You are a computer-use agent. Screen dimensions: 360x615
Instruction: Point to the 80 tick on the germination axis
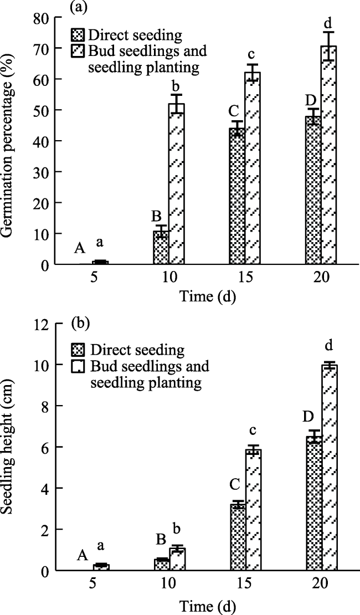(x=41, y=17)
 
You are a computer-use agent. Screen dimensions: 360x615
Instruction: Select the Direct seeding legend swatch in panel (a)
(x=79, y=35)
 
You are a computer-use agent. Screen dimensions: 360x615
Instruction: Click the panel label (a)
(x=81, y=7)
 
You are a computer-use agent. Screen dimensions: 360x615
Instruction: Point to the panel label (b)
(x=81, y=324)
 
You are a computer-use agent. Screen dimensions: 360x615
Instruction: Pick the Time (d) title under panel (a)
(x=208, y=296)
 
